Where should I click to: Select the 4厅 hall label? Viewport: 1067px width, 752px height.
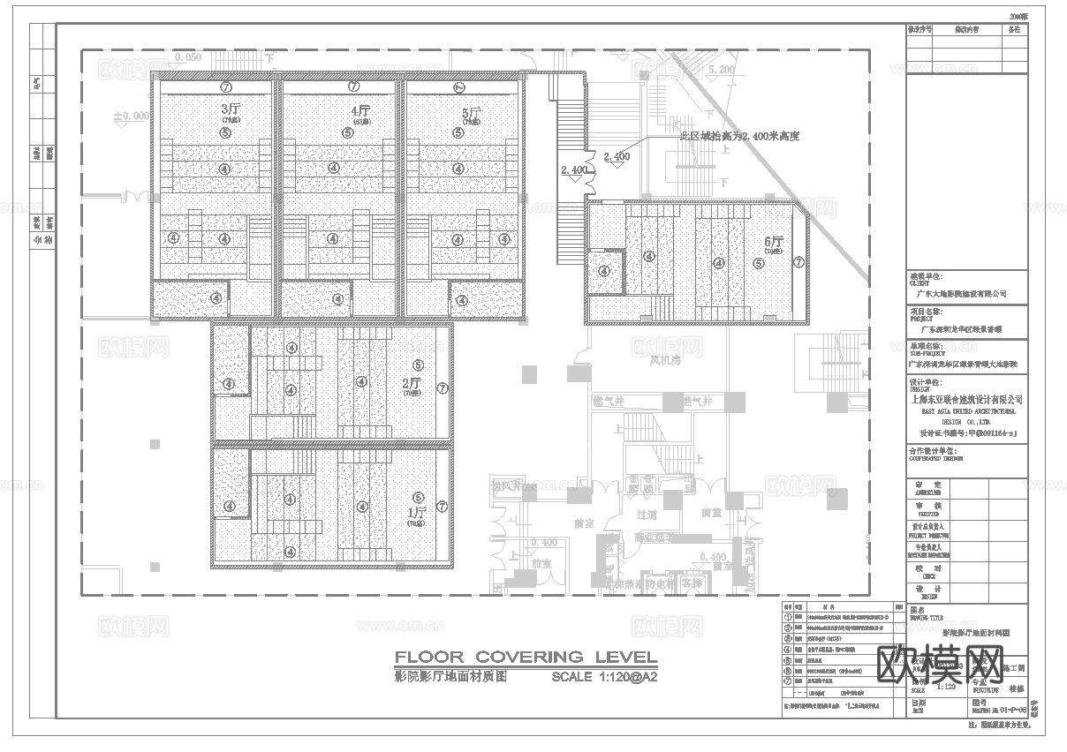click(359, 111)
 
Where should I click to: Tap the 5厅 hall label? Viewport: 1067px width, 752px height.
click(471, 113)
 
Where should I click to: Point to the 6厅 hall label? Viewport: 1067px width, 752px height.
click(774, 242)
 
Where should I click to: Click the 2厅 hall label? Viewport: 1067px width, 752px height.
click(412, 383)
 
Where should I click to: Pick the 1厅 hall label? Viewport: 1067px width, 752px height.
click(417, 511)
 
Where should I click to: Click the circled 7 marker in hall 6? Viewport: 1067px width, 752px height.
click(798, 262)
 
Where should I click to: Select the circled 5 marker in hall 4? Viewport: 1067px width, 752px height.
click(348, 132)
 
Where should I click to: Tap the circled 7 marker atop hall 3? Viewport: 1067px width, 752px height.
click(226, 86)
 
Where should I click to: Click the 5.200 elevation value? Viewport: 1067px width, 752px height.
click(721, 69)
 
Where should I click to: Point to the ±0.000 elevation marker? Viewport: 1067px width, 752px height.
click(131, 116)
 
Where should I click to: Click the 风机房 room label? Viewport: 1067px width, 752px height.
click(665, 360)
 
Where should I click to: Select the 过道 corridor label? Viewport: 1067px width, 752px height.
click(647, 514)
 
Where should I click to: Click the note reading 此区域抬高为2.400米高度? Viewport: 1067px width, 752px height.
click(739, 137)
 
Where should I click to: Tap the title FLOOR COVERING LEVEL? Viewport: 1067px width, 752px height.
click(526, 657)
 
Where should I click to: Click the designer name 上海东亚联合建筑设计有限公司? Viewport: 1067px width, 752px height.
click(967, 400)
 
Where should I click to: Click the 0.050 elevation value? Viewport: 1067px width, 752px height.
click(188, 57)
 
